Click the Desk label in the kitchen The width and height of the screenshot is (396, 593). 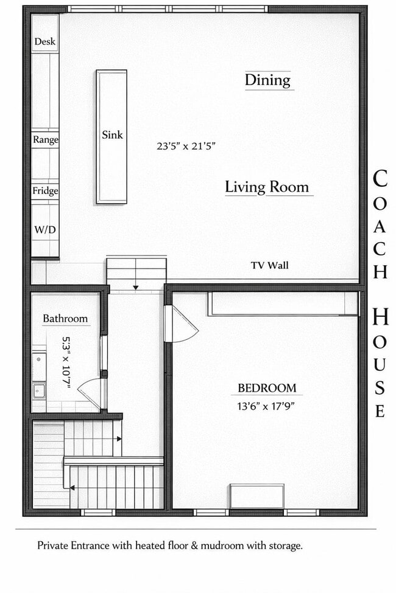[45, 41]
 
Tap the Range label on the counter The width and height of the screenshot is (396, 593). [46, 139]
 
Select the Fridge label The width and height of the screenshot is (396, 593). [46, 191]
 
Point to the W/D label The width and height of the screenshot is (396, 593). [45, 231]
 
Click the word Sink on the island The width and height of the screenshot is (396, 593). [112, 135]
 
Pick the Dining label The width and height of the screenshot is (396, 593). [267, 80]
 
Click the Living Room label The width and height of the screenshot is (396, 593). [267, 187]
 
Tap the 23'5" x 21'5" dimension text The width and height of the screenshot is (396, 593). [186, 146]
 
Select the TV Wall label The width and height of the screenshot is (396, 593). [269, 265]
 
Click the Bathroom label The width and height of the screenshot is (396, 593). [65, 318]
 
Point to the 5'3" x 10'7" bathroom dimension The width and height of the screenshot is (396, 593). [66, 362]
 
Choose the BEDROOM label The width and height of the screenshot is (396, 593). [267, 388]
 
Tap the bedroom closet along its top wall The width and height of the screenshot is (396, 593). [282, 303]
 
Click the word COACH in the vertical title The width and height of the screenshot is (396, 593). [380, 224]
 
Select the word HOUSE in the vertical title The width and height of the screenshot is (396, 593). [380, 363]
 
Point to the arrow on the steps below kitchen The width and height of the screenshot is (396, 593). [135, 286]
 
